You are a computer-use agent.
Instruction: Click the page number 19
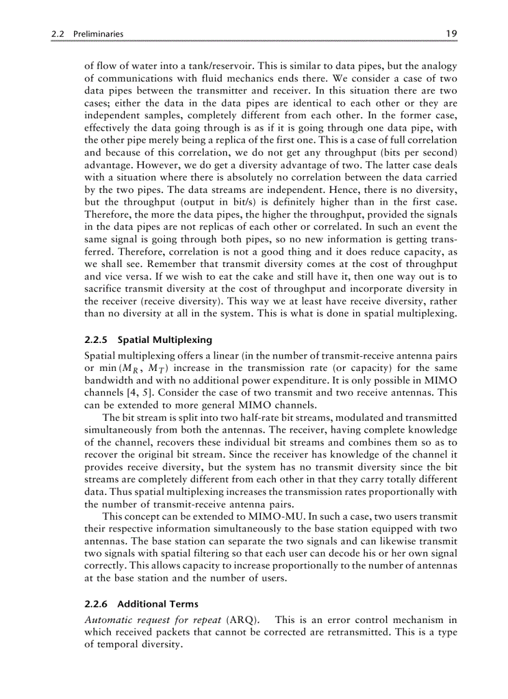click(453, 34)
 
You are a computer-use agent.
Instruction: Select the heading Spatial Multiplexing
click(165, 340)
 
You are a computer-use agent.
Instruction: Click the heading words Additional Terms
click(151, 604)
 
